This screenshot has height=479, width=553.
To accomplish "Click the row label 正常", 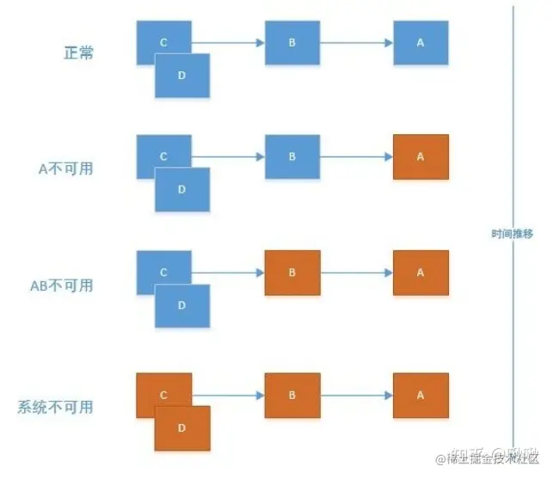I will pos(78,52).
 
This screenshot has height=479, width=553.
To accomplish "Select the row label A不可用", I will pos(66,169).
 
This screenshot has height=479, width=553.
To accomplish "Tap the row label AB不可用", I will pos(61,285).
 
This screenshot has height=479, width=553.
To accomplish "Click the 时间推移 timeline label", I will pos(513,233).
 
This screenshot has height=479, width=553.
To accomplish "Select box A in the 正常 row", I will pos(421,42).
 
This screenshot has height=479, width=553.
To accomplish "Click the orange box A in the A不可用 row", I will pos(421,157).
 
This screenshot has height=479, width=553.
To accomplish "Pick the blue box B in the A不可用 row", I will pos(292,157).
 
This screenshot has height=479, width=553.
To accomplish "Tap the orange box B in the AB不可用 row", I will pos(292,273).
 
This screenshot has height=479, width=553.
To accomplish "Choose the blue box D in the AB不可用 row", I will pos(182,305).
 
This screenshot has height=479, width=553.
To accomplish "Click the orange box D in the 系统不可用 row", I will pos(182,428).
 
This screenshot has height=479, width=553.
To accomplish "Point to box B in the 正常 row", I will pos(292,42).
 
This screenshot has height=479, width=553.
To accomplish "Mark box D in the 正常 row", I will pos(182,76).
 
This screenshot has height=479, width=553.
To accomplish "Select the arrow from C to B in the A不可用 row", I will pos(228,157).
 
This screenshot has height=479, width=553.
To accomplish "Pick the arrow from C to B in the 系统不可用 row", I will pos(228,395).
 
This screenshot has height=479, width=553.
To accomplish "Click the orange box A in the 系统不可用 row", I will pos(421,395).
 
